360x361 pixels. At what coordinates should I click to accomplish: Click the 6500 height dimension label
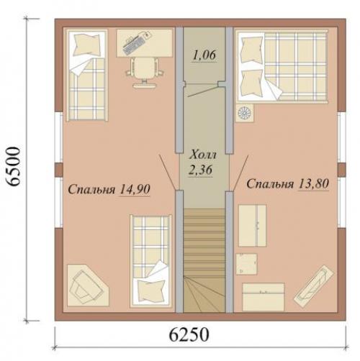tap(12, 166)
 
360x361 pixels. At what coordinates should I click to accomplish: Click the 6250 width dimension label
tap(189, 334)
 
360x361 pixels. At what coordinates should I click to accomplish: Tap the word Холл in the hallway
tap(203, 155)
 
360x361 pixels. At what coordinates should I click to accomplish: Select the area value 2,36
tap(200, 170)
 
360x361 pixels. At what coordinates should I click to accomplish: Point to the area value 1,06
tap(204, 55)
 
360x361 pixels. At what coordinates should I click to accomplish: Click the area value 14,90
tap(135, 189)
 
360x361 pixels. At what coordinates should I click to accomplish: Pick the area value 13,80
tap(313, 184)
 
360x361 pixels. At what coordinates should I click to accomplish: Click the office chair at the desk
tap(144, 72)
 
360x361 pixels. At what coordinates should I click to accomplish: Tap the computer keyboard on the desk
tap(133, 45)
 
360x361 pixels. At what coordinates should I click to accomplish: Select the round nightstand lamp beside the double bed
tap(245, 113)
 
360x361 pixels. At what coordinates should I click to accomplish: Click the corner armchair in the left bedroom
tap(88, 285)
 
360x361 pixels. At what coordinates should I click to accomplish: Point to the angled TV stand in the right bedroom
tap(314, 285)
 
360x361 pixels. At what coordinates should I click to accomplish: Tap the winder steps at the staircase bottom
tap(204, 294)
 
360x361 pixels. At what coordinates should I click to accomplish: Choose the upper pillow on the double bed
tap(251, 50)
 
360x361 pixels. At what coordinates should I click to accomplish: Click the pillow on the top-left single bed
tap(87, 45)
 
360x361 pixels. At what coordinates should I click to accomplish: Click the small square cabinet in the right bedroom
tap(246, 264)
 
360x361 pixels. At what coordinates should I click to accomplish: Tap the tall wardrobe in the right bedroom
tap(252, 226)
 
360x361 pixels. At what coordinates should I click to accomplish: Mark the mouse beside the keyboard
tap(146, 35)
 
